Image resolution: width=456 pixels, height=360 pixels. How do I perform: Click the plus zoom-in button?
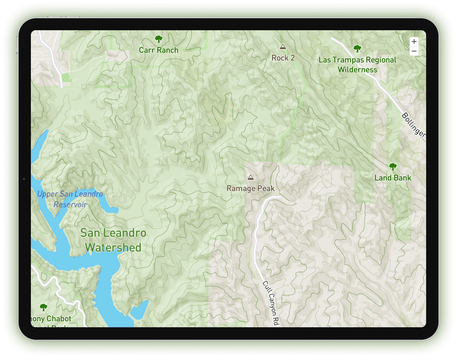coord(414,42)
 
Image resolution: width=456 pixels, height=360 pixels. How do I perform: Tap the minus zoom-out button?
coord(414,51)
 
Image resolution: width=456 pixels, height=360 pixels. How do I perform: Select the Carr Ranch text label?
coord(158,50)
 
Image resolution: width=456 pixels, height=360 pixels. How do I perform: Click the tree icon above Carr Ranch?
coord(158,39)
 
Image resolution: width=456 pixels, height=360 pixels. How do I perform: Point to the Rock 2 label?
coord(283,58)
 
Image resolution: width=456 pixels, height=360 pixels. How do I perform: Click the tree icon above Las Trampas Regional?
coord(357,48)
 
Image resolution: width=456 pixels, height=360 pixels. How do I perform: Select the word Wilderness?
coord(357,70)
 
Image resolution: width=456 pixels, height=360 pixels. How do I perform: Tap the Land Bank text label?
coord(393,178)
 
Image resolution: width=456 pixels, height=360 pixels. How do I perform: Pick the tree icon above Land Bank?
coord(393,167)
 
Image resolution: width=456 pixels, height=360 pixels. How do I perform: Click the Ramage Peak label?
coord(250,188)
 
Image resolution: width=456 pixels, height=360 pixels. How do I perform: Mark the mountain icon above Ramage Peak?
coord(250,177)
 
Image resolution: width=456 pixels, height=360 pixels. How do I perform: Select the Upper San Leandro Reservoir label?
coord(70,199)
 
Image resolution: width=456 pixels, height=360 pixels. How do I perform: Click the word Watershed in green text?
coord(113,248)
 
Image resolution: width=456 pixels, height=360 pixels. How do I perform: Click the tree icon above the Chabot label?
coord(44,308)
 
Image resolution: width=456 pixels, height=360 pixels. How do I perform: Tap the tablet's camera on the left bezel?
coord(25,180)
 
